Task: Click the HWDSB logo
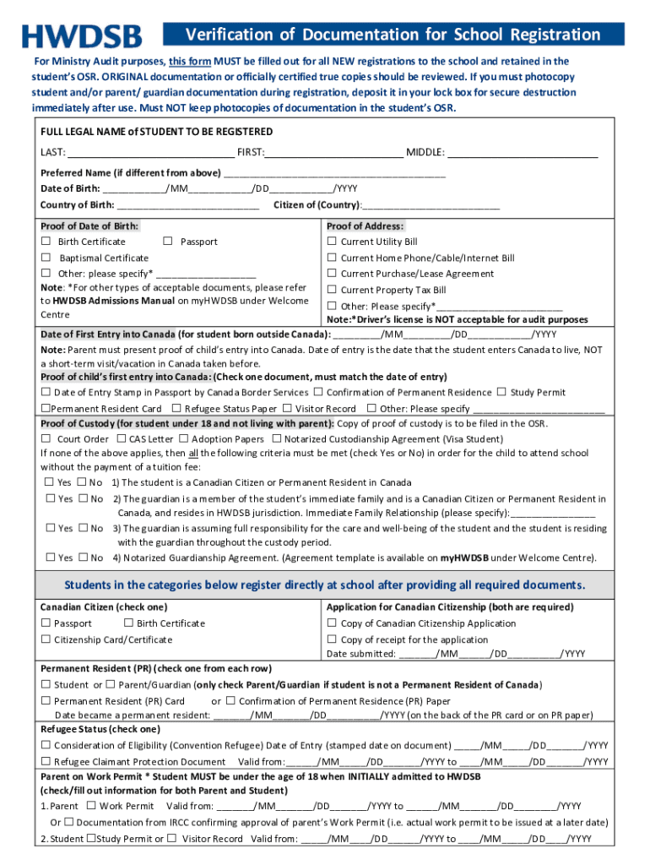coord(82,35)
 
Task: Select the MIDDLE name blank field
coord(523,153)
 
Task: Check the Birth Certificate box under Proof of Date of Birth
coord(46,242)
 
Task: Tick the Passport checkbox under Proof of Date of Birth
coord(168,242)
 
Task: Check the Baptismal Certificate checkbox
coord(46,258)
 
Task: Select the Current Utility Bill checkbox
coord(332,242)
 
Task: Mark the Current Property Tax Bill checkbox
coord(332,290)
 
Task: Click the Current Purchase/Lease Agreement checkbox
coord(332,274)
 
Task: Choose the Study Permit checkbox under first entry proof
coord(501,392)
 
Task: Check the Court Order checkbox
coord(46,439)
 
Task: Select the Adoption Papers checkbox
coord(182,439)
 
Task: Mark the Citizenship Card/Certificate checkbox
coord(46,639)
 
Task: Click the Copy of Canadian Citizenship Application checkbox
coord(332,623)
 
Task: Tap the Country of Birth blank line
coord(187,205)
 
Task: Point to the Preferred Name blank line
coord(334,173)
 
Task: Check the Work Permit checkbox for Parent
coord(91,806)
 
